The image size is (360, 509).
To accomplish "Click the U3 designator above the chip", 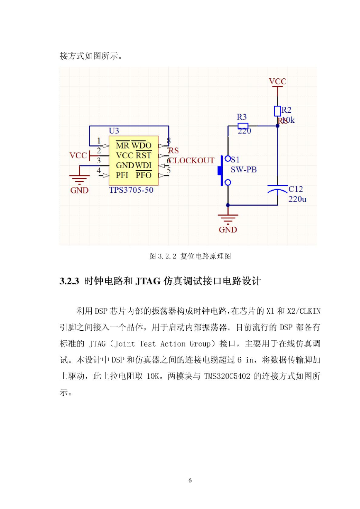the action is (114, 131).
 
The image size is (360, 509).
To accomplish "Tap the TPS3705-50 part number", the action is (131, 190).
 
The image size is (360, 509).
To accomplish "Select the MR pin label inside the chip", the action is (123, 145).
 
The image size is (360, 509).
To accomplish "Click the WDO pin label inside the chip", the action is (141, 145).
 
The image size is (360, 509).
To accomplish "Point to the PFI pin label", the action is (122, 175).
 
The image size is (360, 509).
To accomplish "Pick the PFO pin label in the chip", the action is (144, 175).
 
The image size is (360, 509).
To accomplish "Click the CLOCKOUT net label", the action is (192, 161).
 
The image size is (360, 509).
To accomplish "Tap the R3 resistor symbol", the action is (243, 126).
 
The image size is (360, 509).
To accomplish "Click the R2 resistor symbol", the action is (277, 111).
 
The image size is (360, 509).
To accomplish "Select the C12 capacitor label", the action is (296, 189).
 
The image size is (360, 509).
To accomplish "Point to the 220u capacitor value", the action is (297, 199).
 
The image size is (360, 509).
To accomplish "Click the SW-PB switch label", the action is (244, 170).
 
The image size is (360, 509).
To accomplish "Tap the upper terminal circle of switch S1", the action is (228, 159).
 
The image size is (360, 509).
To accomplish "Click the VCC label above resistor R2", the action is (277, 81).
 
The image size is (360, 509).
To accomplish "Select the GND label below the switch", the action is (228, 230).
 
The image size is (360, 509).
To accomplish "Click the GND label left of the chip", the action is (79, 190).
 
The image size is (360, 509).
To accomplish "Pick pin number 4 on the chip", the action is (99, 170).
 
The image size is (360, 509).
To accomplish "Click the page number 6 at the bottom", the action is (190, 480).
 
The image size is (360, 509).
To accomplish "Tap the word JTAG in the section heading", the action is (148, 281).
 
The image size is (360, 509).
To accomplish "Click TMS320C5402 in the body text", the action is (227, 376).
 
